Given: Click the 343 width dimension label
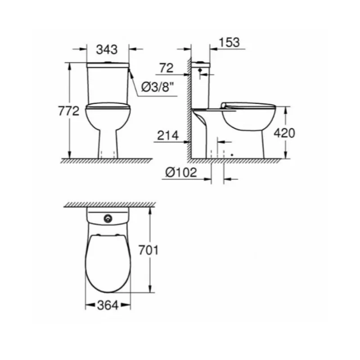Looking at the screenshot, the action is tap(107, 49).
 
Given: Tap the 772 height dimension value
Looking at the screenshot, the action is tap(69, 111).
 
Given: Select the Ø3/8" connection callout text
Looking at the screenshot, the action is tap(157, 87).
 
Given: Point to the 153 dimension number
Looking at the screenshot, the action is tap(229, 42).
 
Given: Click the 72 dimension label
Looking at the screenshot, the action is tap(166, 68).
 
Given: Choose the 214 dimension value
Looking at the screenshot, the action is tap(167, 135).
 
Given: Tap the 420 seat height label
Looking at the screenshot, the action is tap(284, 133).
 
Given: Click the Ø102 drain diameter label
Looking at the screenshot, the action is tap(181, 172).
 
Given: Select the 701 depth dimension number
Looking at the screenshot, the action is tap(148, 250).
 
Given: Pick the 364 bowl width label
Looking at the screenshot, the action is tap(108, 306).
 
